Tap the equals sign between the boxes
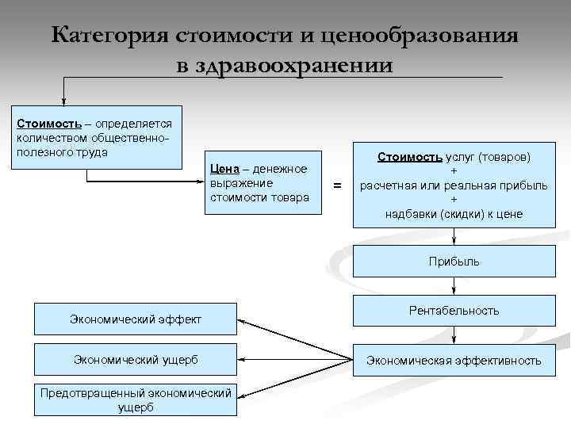(x=338, y=185)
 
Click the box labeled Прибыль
(x=454, y=261)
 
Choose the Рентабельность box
(x=454, y=311)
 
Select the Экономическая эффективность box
(x=454, y=361)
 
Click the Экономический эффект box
(x=136, y=319)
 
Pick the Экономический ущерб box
(x=136, y=360)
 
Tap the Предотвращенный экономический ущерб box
(x=136, y=400)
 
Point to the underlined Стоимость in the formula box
(x=409, y=156)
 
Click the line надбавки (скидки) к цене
(x=454, y=214)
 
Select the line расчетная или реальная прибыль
(x=454, y=185)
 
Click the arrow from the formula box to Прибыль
(x=454, y=238)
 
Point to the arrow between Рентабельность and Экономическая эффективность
(x=454, y=336)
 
